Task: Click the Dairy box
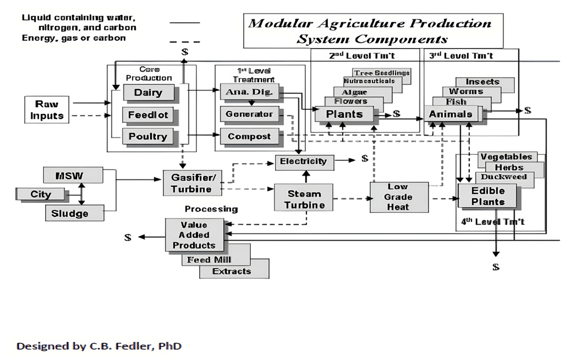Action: point(148,92)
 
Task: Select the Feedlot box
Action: point(148,114)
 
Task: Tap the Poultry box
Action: point(148,136)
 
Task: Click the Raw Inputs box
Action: point(46,110)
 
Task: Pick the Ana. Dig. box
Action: point(249,92)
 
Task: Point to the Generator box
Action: point(249,114)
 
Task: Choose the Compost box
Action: point(249,136)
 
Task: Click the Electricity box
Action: point(303,161)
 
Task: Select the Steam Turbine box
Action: point(303,199)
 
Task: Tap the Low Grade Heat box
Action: point(398,197)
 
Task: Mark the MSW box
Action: point(72,175)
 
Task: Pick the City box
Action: point(41,194)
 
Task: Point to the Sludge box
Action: point(74,213)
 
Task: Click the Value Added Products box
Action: point(194,235)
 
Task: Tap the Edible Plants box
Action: point(487,196)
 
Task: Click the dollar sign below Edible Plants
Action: point(496,267)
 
